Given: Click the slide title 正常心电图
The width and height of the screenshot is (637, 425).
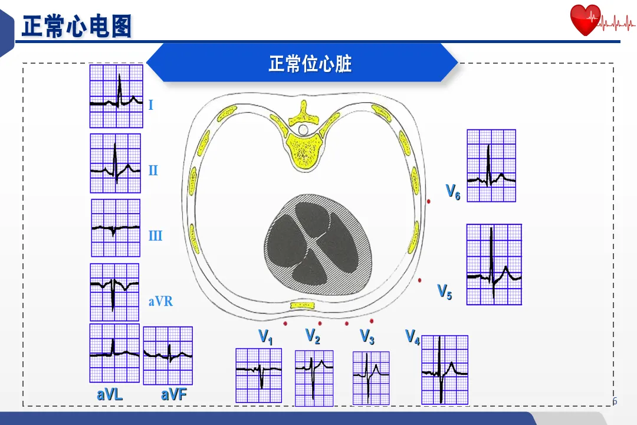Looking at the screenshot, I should pyautogui.click(x=77, y=27).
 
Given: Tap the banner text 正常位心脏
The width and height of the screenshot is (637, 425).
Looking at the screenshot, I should pyautogui.click(x=310, y=63).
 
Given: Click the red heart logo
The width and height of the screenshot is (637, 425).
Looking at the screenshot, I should pyautogui.click(x=585, y=20).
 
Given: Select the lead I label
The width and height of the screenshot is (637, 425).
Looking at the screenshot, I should pyautogui.click(x=151, y=106).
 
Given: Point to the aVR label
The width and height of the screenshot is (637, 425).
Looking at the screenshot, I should pyautogui.click(x=160, y=302).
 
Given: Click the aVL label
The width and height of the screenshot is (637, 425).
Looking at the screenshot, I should pyautogui.click(x=110, y=395).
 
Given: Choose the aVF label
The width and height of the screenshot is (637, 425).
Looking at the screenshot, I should pyautogui.click(x=174, y=395).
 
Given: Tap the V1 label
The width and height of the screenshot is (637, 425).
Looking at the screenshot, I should pyautogui.click(x=266, y=337).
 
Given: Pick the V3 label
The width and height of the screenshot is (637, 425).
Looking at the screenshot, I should pyautogui.click(x=367, y=337).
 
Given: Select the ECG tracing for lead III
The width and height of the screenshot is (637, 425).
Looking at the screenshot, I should pyautogui.click(x=116, y=228).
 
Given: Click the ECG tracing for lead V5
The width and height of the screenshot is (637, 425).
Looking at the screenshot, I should pyautogui.click(x=494, y=264).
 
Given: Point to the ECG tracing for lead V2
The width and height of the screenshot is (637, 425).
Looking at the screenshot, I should pyautogui.click(x=314, y=378).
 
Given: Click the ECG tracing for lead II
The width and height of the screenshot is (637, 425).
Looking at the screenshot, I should pyautogui.click(x=116, y=164).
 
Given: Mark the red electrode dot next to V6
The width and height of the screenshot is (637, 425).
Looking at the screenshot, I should pyautogui.click(x=429, y=202).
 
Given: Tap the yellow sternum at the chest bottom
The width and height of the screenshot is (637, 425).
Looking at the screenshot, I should pyautogui.click(x=303, y=305).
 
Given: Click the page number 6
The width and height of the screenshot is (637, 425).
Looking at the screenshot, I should pyautogui.click(x=615, y=401).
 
